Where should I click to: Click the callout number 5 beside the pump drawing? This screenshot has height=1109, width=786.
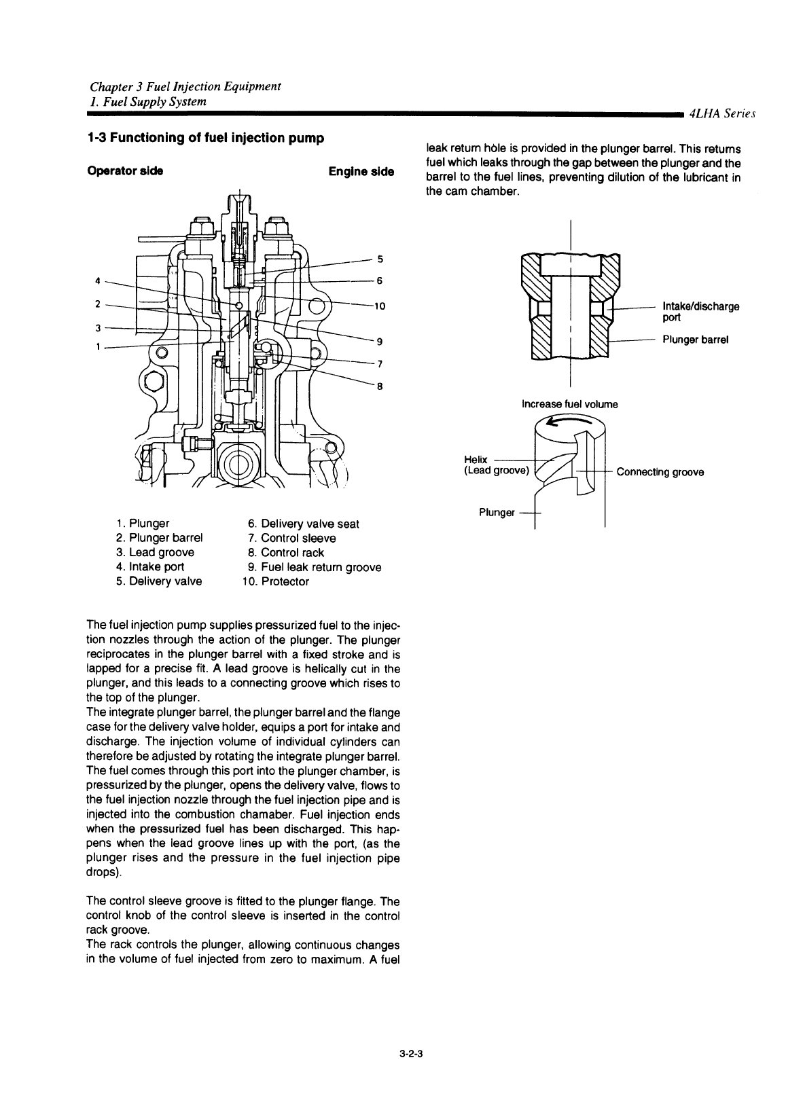(380, 259)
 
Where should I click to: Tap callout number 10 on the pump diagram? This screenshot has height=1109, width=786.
(380, 306)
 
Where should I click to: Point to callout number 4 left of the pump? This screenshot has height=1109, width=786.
(98, 280)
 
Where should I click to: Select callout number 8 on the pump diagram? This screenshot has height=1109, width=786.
(380, 386)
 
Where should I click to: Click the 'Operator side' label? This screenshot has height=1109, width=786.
(125, 171)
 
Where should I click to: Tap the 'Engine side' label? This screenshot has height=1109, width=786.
(361, 172)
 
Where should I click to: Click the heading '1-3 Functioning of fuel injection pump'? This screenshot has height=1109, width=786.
(206, 138)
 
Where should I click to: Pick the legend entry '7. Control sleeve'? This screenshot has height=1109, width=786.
(291, 538)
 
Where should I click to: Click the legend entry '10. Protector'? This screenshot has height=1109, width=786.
(275, 581)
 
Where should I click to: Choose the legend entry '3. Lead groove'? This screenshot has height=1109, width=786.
(155, 552)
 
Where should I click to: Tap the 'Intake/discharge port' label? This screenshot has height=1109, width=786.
(701, 312)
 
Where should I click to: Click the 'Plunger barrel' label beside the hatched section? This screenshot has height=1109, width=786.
(696, 340)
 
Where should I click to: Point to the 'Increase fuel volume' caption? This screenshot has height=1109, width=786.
(569, 404)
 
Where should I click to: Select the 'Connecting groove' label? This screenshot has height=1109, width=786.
(660, 472)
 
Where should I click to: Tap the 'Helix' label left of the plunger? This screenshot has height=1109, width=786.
(476, 460)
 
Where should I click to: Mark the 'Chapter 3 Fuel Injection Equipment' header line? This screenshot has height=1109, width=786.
(185, 87)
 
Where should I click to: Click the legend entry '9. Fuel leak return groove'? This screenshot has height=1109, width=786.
(315, 567)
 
